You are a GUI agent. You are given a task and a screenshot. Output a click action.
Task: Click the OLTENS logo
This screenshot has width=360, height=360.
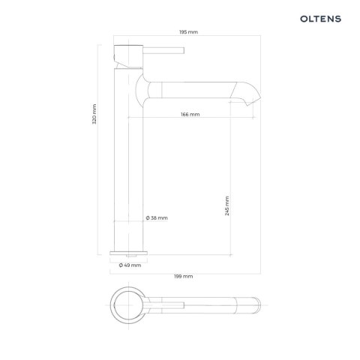[x=320, y=19]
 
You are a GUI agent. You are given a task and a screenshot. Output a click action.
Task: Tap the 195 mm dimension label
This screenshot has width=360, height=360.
[x=188, y=32]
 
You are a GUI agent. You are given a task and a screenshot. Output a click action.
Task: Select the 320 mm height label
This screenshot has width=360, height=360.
[x=94, y=114]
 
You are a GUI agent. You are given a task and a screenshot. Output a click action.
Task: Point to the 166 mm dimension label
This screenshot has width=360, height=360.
[x=190, y=114]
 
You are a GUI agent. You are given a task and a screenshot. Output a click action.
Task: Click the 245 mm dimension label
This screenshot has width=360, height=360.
[x=226, y=205]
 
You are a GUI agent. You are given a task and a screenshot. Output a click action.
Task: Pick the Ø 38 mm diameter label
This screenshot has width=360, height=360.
[x=157, y=218]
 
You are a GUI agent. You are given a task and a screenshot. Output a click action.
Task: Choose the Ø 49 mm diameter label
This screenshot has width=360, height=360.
[x=130, y=265]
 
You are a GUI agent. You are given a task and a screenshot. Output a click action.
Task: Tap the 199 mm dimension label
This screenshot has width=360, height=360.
[x=184, y=276]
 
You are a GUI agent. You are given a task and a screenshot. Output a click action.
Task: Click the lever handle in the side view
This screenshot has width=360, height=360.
[x=163, y=50]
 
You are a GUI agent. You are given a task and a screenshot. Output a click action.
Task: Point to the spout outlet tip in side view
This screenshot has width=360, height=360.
[x=247, y=103]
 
